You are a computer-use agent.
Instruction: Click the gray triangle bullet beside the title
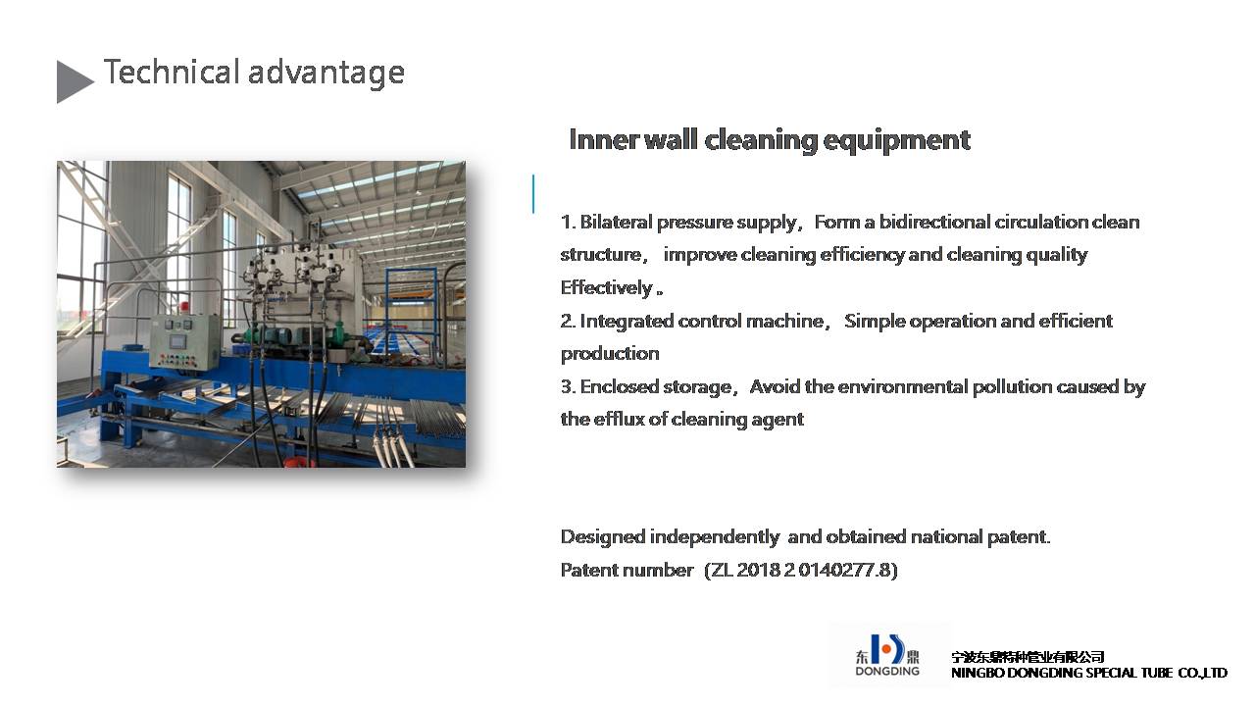pos(73,82)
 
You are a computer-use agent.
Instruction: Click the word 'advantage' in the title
pos(326,74)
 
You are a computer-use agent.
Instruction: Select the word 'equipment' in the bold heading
pos(896,140)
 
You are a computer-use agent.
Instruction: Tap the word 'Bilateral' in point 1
pos(616,222)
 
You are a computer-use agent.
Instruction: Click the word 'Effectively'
pos(606,287)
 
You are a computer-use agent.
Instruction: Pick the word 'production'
pos(610,354)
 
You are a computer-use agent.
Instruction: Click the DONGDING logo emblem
pos(887,650)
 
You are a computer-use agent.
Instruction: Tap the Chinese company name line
pos(1028,657)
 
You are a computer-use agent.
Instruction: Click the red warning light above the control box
pos(183,307)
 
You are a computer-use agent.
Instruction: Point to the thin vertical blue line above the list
pos(533,194)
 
